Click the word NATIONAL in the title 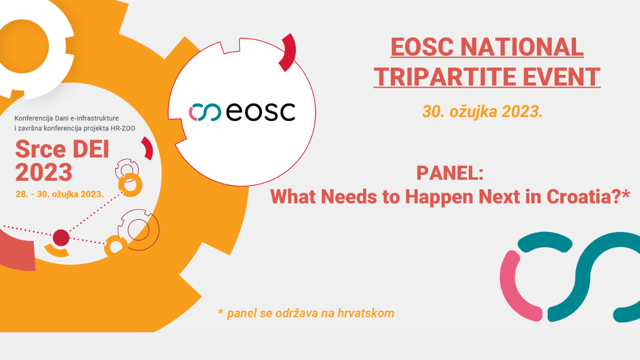pyautogui.click(x=522, y=47)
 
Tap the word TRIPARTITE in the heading pyautogui.click(x=444, y=77)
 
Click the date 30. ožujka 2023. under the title pyautogui.click(x=482, y=111)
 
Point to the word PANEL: pyautogui.click(x=450, y=173)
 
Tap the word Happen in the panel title pyautogui.click(x=439, y=198)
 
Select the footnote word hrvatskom pyautogui.click(x=366, y=313)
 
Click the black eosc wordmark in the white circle pyautogui.click(x=261, y=111)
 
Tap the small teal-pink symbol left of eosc pyautogui.click(x=205, y=112)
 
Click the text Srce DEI pyautogui.click(x=62, y=149)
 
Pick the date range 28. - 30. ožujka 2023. pyautogui.click(x=59, y=194)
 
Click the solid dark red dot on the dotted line pyautogui.click(x=61, y=238)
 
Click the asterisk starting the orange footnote pyautogui.click(x=220, y=311)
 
